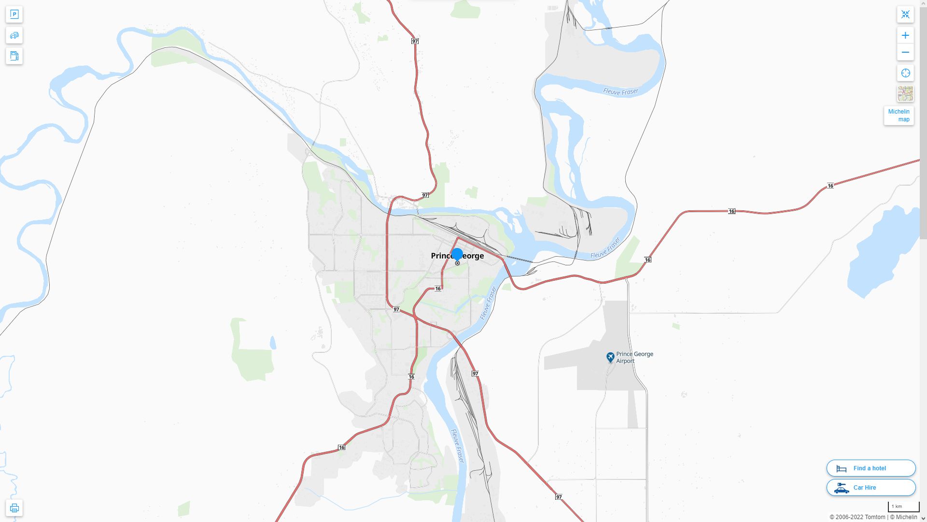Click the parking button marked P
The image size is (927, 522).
14,14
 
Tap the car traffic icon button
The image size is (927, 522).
14,35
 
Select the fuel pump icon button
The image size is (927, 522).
14,56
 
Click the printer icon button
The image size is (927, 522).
14,508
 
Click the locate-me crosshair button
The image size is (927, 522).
905,73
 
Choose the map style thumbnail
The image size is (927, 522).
905,94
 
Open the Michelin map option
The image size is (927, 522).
899,116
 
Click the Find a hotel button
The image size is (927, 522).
871,468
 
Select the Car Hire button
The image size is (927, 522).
871,488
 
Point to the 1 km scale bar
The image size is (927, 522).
903,507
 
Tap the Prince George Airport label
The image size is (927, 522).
634,357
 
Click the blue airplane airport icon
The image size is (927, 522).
610,357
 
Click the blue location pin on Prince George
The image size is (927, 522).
457,254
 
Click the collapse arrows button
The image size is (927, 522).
905,14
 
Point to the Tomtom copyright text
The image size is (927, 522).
857,517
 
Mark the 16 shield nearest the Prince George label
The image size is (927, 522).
438,289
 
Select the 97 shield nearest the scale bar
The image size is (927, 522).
559,497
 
